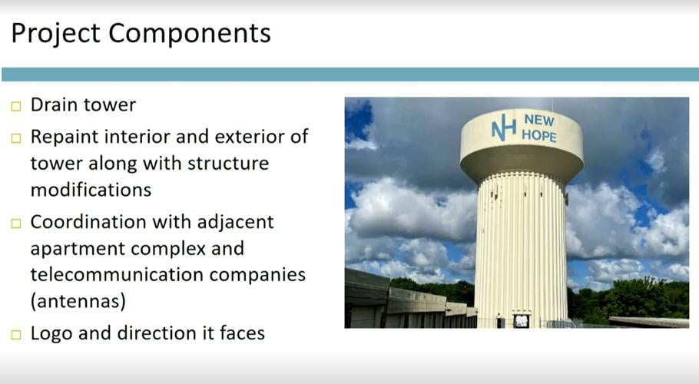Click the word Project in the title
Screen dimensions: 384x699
[x=55, y=33]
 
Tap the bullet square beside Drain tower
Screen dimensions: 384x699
[x=17, y=106]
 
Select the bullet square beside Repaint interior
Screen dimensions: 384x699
[x=17, y=138]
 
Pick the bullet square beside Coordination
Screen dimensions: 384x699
[x=17, y=223]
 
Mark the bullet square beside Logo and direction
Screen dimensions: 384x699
[x=17, y=334]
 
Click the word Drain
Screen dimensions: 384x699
[x=55, y=104]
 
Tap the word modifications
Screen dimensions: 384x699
[x=91, y=189]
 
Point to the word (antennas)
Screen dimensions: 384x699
[x=78, y=302]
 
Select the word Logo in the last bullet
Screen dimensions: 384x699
[x=51, y=333]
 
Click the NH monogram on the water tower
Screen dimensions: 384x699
[x=504, y=128]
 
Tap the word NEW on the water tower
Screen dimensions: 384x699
[x=538, y=121]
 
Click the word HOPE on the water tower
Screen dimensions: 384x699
[x=539, y=136]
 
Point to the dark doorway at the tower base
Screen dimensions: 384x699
[x=522, y=320]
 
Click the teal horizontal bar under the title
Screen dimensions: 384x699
[x=349, y=74]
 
